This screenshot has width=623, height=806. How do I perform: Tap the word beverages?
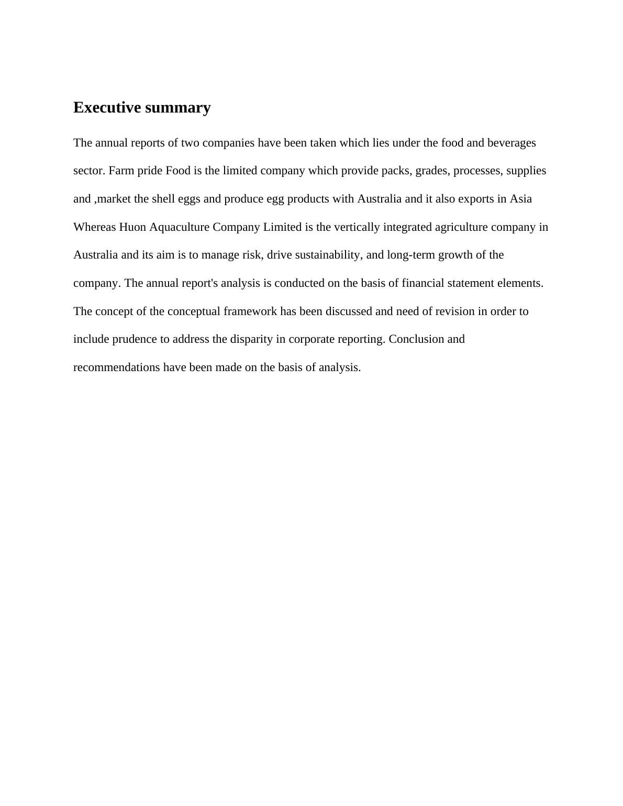(511, 143)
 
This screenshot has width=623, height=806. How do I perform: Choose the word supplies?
(526, 171)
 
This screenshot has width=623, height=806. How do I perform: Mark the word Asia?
(521, 199)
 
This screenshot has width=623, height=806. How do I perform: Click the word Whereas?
(95, 227)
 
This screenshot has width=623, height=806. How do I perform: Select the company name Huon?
(132, 227)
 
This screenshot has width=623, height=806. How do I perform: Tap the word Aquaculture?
(179, 227)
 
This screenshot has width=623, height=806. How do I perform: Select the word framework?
(250, 311)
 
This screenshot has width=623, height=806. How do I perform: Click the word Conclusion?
(416, 339)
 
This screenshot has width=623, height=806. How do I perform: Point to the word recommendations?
(116, 367)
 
